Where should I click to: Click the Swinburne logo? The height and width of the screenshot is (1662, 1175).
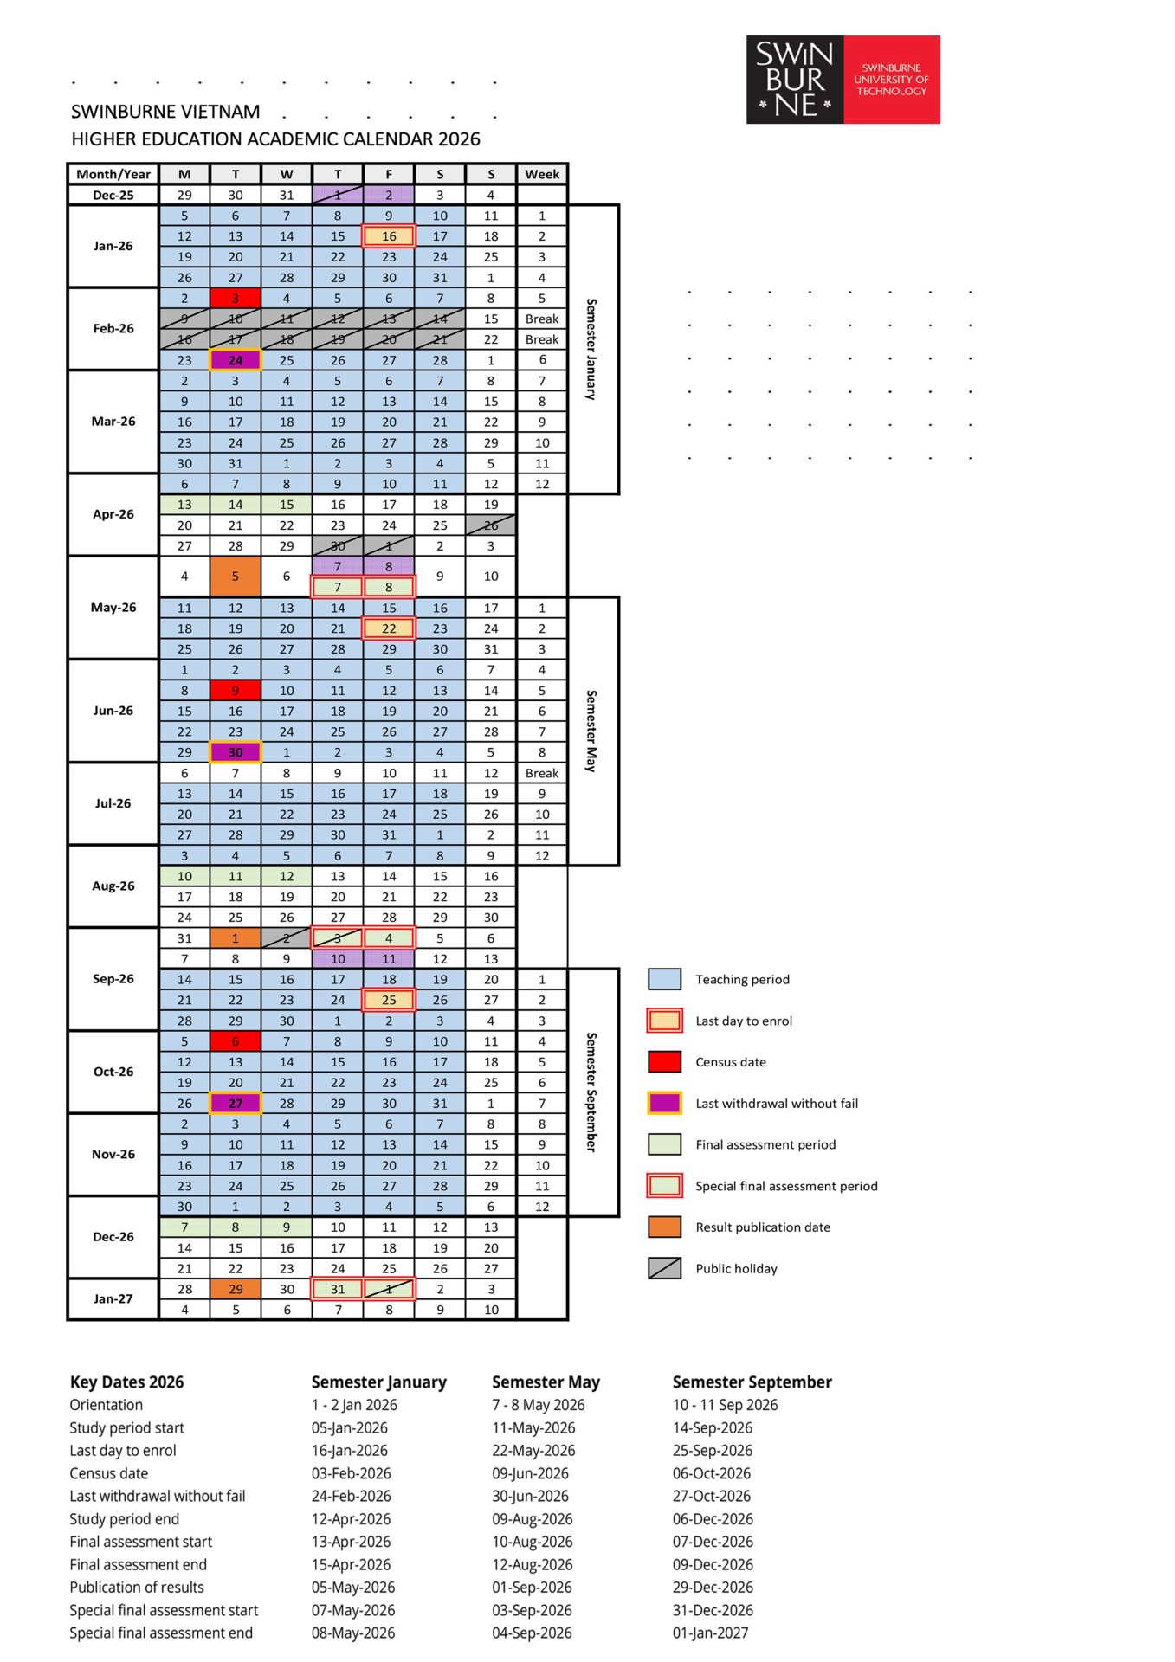(843, 80)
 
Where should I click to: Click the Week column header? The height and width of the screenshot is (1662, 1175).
(542, 174)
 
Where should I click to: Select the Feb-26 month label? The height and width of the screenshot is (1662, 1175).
(113, 328)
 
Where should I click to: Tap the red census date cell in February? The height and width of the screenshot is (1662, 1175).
(236, 298)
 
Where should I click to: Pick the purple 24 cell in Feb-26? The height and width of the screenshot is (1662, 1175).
(236, 360)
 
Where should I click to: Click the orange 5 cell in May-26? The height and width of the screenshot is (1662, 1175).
(236, 577)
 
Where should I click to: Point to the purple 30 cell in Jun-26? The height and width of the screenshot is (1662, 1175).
(236, 752)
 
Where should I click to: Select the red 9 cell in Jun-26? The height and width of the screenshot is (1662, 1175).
(236, 690)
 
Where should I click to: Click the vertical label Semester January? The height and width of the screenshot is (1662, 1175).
(591, 349)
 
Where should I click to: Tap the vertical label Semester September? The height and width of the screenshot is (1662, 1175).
(591, 1092)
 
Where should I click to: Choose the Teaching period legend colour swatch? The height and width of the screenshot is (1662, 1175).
(664, 979)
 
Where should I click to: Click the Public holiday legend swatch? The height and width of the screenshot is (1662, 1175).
(664, 1268)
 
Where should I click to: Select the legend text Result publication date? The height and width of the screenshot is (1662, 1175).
(763, 1227)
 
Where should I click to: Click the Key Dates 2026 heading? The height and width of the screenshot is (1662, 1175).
(126, 1382)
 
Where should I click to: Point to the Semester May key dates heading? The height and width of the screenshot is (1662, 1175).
(546, 1382)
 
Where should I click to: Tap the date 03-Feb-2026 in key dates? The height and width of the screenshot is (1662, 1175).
(351, 1473)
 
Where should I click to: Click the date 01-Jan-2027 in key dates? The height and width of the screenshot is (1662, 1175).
(710, 1633)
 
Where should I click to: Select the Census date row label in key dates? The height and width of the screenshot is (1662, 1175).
(108, 1473)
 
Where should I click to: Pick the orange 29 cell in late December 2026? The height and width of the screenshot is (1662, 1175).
(236, 1289)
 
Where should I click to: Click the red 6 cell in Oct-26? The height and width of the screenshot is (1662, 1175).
(236, 1041)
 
